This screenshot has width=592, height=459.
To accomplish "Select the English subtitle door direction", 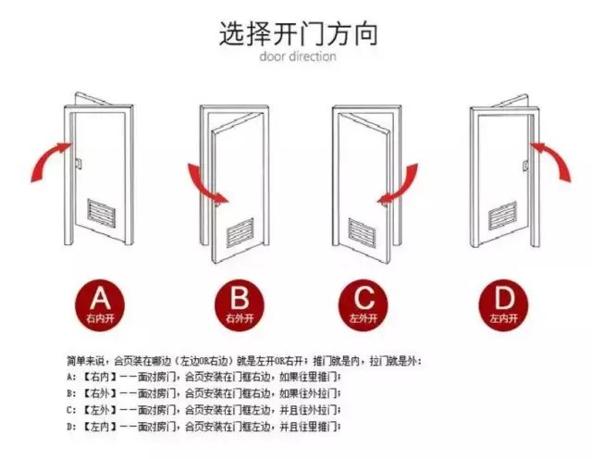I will (297, 56).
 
